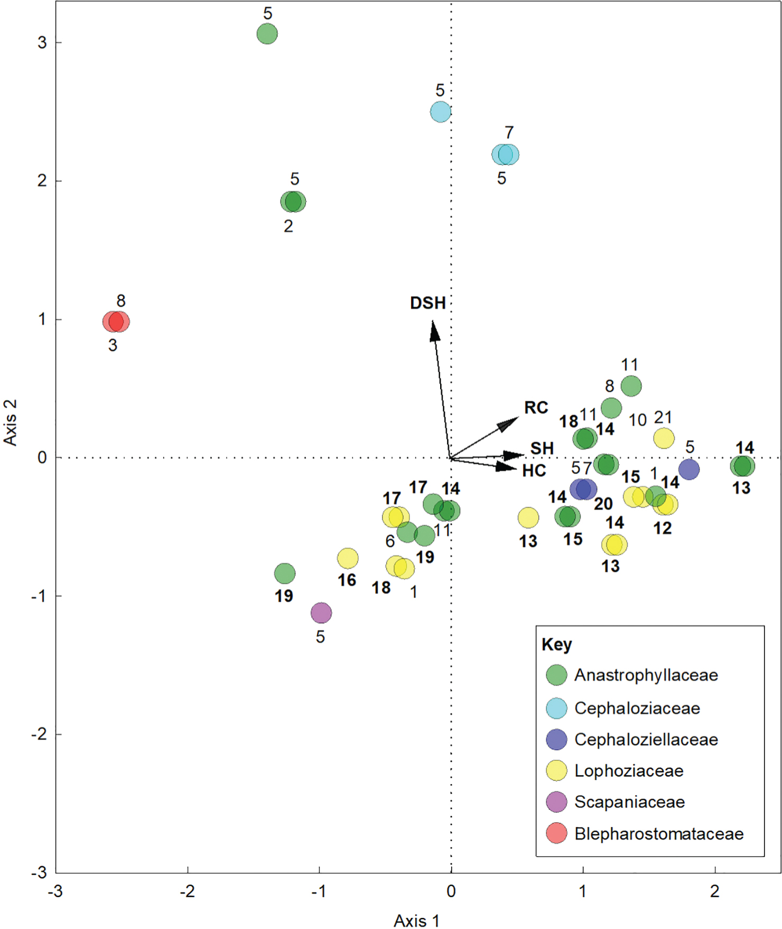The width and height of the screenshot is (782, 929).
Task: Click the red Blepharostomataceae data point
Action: [116, 321]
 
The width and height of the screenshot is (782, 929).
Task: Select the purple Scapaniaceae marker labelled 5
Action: [321, 613]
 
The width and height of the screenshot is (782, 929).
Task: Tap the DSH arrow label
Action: [428, 303]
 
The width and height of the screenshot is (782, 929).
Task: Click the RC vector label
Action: [536, 408]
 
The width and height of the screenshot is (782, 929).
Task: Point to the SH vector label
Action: [542, 448]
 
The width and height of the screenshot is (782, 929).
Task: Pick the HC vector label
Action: [534, 471]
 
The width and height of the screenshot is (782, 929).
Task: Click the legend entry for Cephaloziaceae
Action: [637, 708]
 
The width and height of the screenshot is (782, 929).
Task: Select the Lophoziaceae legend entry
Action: [629, 771]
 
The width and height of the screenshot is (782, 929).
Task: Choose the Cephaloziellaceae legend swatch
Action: [556, 739]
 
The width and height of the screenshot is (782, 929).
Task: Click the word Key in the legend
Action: [556, 645]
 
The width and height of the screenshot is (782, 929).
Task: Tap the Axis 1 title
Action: [416, 921]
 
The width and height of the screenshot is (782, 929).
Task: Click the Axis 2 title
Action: [11, 422]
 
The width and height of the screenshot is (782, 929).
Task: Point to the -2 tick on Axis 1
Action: [187, 891]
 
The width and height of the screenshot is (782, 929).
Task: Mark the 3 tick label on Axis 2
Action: [42, 42]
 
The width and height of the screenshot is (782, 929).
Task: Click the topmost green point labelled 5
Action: [267, 34]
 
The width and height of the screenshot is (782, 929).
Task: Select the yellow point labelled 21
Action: [664, 438]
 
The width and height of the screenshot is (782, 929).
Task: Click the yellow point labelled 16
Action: [348, 558]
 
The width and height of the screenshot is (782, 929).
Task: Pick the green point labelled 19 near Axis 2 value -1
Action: [285, 573]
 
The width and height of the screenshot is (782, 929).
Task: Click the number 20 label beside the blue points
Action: [603, 503]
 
